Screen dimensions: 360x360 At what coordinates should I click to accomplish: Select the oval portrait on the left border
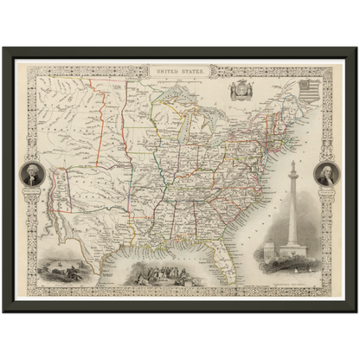32,176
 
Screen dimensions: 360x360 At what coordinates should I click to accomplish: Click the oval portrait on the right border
326,176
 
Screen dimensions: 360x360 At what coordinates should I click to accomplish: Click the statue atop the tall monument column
293,164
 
